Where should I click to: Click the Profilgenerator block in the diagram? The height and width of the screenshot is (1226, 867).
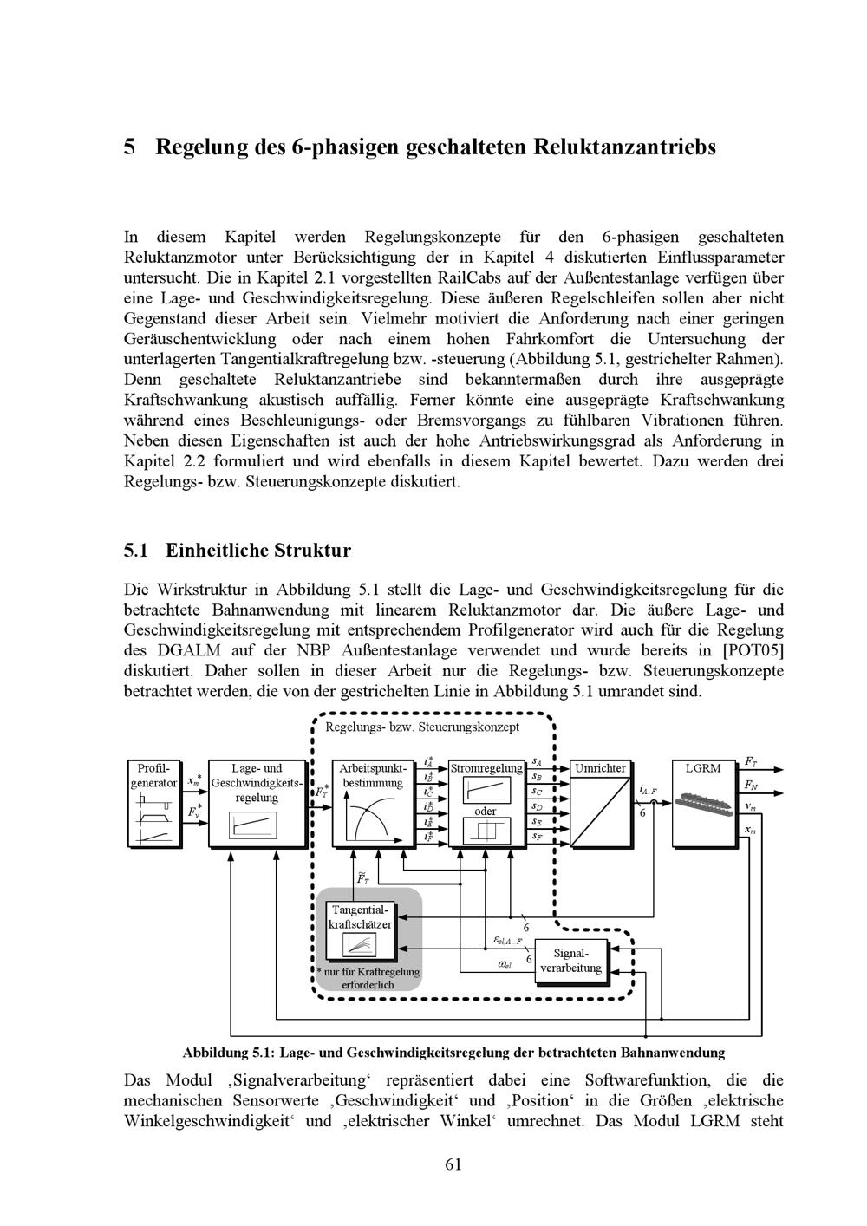point(154,802)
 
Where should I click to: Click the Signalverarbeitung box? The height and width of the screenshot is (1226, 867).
point(570,961)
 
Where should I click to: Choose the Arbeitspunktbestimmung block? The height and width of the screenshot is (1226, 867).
point(372,802)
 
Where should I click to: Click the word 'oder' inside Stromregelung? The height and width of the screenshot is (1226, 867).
point(485,812)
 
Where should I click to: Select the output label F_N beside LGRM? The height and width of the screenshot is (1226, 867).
point(750,785)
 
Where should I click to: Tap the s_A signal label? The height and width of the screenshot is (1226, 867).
point(537,762)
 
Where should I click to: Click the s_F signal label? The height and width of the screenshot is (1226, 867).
point(538,837)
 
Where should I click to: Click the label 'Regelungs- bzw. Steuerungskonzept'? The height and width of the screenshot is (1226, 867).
point(422,727)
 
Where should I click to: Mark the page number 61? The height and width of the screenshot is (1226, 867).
point(453,1164)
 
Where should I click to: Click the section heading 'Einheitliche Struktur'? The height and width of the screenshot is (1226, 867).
point(257,551)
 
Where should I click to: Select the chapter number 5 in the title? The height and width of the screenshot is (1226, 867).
point(129,147)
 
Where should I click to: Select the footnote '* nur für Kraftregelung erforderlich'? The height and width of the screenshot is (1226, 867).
point(368,978)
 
